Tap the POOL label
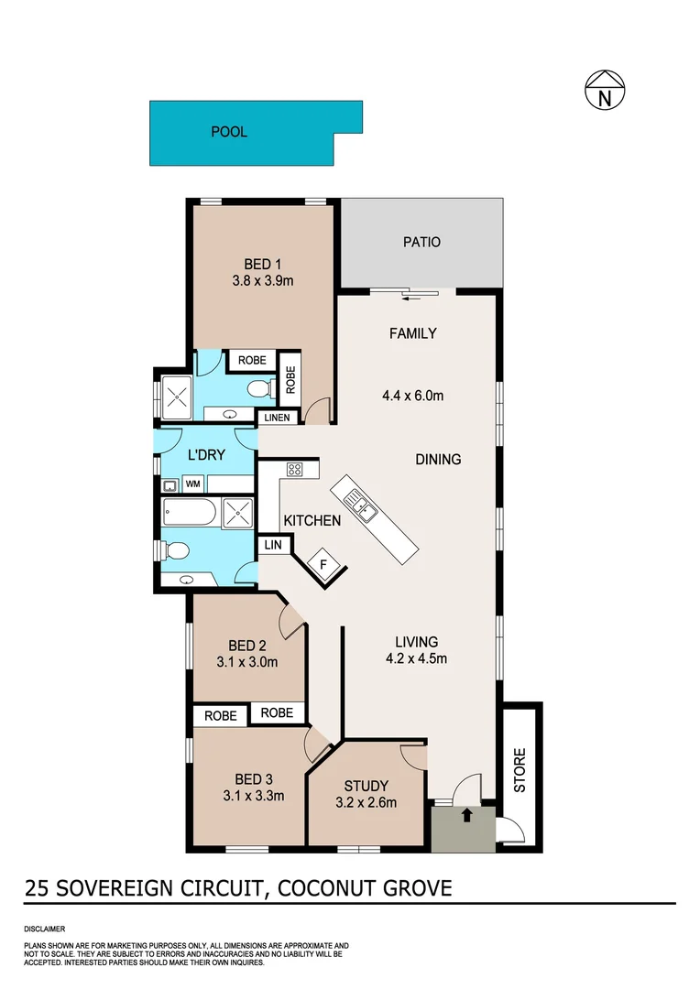[229, 132]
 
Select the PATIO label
[421, 243]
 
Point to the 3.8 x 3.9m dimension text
[262, 281]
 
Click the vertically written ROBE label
[290, 379]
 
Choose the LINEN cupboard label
[278, 418]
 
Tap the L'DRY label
[206, 454]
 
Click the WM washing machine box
[193, 483]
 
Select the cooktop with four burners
[295, 471]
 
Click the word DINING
[438, 459]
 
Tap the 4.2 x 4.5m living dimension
[416, 658]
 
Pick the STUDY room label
[366, 786]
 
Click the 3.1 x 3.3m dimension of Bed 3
[253, 795]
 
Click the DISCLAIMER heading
[45, 928]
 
